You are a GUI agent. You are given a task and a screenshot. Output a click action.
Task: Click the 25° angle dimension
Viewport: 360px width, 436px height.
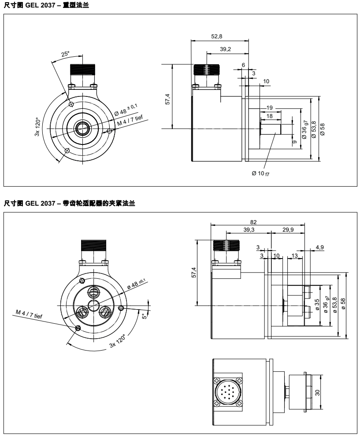(65, 54)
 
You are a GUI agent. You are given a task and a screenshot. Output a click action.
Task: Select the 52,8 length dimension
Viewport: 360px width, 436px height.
(219, 36)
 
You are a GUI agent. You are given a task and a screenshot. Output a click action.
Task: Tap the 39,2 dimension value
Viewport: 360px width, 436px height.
(225, 49)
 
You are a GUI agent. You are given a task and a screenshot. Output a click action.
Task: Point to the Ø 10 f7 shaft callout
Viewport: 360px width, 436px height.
(260, 173)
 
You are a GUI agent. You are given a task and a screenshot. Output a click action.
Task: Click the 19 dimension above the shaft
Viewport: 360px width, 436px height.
(270, 107)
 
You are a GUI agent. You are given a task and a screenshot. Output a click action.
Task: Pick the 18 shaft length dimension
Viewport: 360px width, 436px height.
(270, 115)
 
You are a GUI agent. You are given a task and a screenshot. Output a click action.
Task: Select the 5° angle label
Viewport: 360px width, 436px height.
(144, 315)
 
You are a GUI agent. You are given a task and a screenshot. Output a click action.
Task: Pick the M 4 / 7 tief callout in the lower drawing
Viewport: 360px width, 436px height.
(30, 314)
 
